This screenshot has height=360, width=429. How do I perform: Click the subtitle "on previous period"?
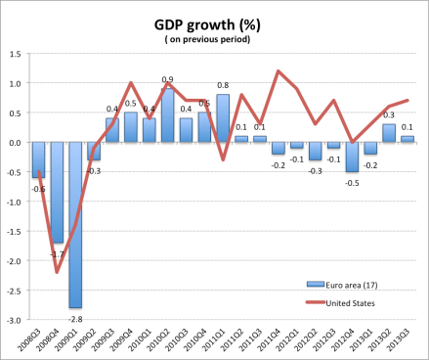[x=215, y=40]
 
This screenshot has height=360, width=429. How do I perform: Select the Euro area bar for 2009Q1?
[x=76, y=225]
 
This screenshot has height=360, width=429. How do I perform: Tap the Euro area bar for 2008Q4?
[x=58, y=193]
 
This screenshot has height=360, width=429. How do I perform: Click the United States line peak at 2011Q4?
[x=279, y=70]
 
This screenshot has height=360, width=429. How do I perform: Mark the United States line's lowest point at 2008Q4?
[x=58, y=272]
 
